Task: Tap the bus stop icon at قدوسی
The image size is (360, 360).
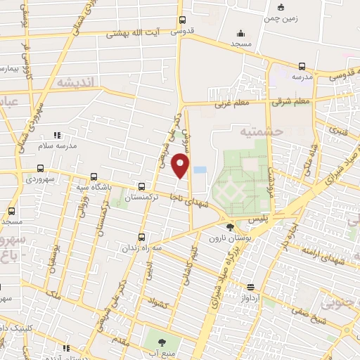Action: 183,20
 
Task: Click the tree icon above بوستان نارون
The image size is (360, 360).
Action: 230,226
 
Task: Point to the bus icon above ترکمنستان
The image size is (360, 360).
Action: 143,187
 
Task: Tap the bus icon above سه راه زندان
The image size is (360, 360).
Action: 143,237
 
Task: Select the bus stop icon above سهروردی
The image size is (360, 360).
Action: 40,169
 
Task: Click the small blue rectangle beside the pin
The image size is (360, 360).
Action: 200,170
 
